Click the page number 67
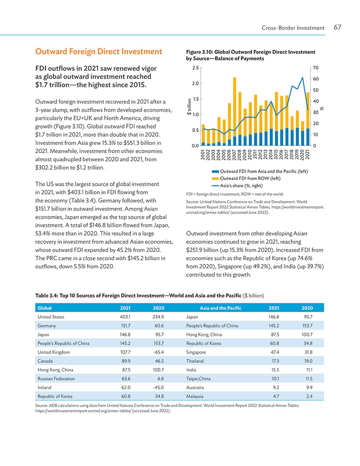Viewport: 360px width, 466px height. click(x=337, y=27)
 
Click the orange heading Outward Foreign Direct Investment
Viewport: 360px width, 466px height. click(x=99, y=51)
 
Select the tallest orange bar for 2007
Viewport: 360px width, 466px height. click(x=235, y=107)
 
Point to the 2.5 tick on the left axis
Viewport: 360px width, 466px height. click(x=195, y=68)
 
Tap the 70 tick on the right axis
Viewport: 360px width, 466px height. click(x=316, y=68)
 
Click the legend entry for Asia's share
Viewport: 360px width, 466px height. click(x=237, y=186)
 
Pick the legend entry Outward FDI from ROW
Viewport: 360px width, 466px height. click(x=246, y=179)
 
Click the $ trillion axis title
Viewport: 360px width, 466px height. click(x=189, y=107)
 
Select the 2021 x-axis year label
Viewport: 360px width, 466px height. click(x=308, y=155)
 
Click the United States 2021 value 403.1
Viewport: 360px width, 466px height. click(x=125, y=317)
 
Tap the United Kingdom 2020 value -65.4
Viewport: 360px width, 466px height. click(x=158, y=352)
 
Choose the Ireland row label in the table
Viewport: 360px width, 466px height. click(x=44, y=388)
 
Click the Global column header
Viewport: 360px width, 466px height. click(x=45, y=308)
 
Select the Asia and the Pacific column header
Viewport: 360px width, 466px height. click(x=221, y=308)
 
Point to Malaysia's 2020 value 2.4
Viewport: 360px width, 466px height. click(x=310, y=396)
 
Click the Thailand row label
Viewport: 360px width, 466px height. click(x=195, y=361)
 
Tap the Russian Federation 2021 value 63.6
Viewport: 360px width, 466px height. click(x=126, y=379)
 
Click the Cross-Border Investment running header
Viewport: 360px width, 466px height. click(x=293, y=28)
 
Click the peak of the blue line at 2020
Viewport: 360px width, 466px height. click(x=302, y=77)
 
